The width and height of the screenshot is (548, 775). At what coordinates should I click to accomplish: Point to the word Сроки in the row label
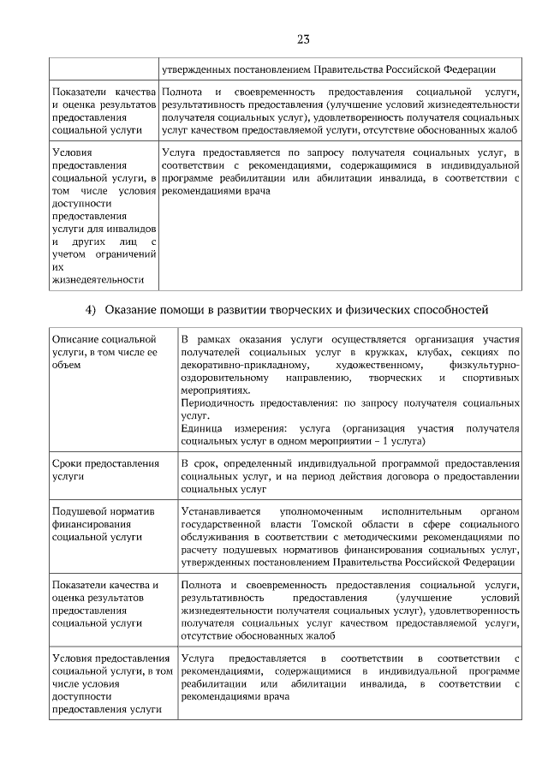click(68, 463)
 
